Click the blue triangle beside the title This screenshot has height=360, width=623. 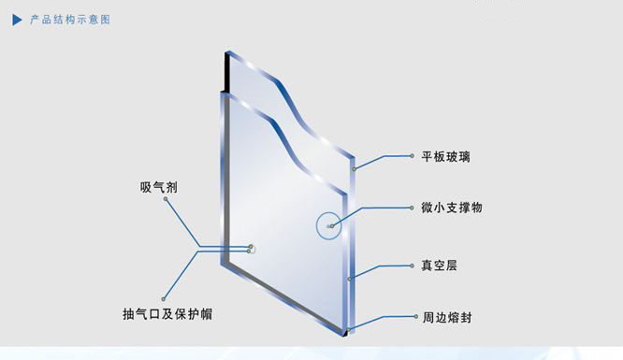tap(17, 20)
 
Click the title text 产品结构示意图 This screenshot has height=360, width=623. tap(70, 20)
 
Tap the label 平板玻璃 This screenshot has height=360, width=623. tap(446, 156)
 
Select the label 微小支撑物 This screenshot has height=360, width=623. tap(452, 208)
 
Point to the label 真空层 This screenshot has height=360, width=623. tap(440, 266)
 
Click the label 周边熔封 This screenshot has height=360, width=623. tap(447, 318)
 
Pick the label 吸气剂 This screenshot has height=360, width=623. tap(158, 187)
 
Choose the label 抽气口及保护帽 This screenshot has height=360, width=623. tap(167, 314)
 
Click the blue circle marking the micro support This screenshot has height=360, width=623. tap(328, 225)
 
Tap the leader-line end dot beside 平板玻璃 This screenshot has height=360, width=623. tap(412, 156)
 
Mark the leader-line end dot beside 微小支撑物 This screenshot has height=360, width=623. tap(412, 208)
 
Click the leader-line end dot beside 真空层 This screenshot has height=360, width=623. tap(412, 266)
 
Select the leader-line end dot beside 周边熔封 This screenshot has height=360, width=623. tap(416, 317)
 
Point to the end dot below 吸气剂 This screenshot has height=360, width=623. tap(166, 199)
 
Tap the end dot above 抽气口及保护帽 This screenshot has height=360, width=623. tap(164, 299)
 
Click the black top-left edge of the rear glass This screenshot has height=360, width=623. tap(227, 72)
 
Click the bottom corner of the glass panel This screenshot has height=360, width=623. tap(345, 334)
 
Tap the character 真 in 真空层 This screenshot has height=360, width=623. tap(427, 266)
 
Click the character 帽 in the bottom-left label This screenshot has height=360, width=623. tap(207, 314)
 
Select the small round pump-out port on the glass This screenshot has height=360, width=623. tap(252, 249)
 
